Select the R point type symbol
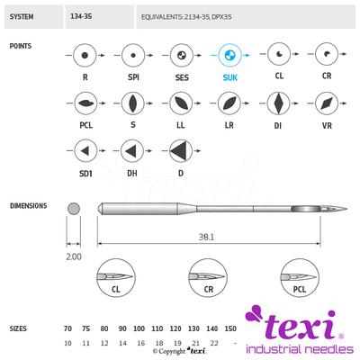84,56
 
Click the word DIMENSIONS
29,205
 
